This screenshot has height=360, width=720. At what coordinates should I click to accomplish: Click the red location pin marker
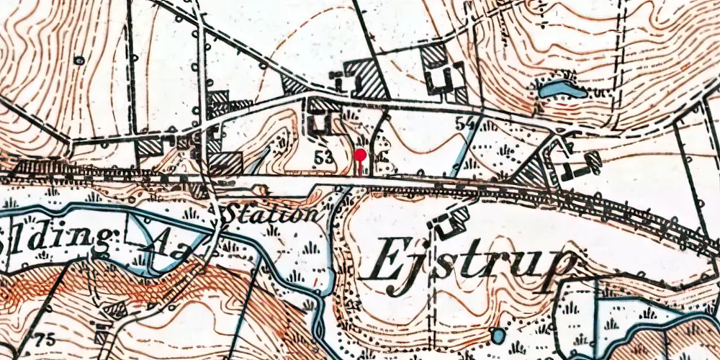point(359,154)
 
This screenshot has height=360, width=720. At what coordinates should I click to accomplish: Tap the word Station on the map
point(270,214)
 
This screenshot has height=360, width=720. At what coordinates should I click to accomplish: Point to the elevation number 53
point(324,156)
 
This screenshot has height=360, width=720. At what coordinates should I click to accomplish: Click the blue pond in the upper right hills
point(559,90)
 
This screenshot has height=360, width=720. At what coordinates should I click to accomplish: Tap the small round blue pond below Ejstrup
point(496,336)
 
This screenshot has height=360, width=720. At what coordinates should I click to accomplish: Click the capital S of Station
point(235,214)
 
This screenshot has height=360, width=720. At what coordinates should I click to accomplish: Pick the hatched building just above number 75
point(112,310)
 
